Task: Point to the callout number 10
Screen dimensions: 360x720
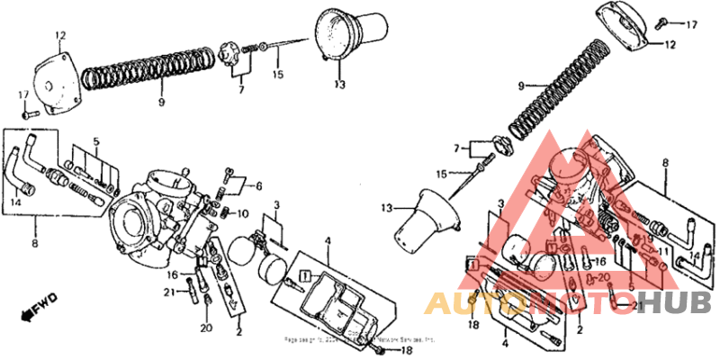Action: pyautogui.click(x=243, y=213)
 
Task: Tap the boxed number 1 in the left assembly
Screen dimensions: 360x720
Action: pyautogui.click(x=305, y=273)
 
